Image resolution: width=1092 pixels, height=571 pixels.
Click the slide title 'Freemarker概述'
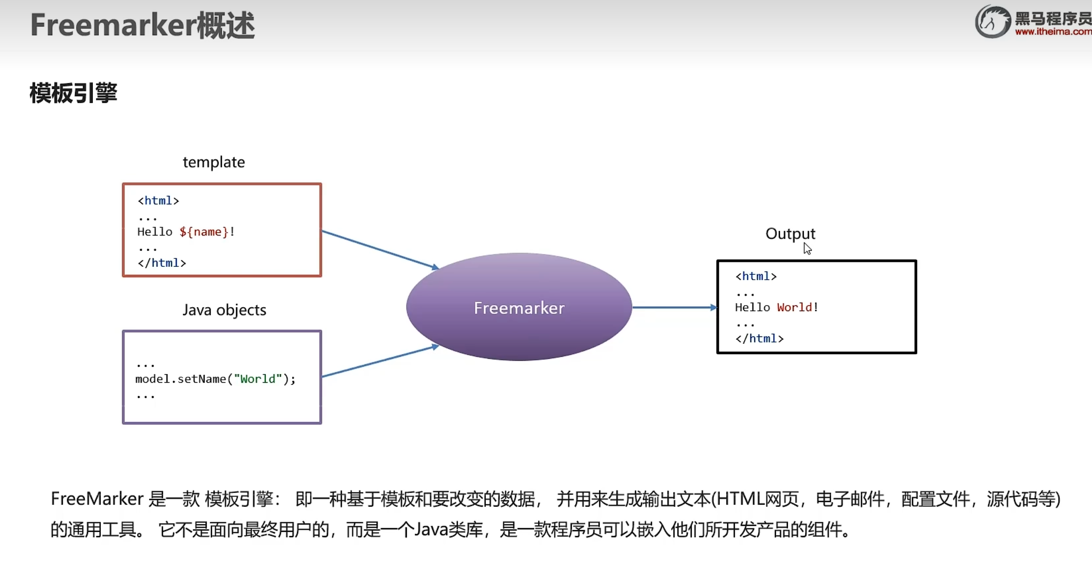coord(143,25)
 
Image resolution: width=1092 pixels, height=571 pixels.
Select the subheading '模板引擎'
coord(74,93)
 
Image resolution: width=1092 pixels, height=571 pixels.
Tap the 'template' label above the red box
coord(214,162)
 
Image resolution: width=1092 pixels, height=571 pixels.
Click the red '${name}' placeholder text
coord(204,232)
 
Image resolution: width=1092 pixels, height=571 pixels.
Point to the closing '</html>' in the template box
coord(162,263)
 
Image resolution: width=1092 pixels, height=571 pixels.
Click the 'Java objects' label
coord(224,310)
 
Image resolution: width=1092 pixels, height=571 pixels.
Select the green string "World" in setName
coord(257,379)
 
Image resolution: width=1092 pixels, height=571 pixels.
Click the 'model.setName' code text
coord(180,379)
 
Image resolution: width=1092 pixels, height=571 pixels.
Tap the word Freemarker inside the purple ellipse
coord(519,308)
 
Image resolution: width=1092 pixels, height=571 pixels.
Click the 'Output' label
coord(790,234)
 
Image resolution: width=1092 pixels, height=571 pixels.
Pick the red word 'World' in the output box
coord(794,308)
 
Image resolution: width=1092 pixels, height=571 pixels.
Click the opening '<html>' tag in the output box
coord(756,276)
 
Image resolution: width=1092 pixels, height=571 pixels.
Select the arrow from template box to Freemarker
coord(380,249)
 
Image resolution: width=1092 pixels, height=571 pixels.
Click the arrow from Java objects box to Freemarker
coord(380,361)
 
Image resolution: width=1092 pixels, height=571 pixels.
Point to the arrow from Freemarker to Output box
coord(674,308)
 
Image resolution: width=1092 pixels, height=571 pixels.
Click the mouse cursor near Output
coord(807,248)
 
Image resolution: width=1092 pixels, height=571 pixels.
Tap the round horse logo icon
coord(992,22)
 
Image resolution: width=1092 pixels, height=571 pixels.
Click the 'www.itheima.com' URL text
coord(1053,32)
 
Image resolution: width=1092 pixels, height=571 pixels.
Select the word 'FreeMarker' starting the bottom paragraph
coord(97,499)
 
